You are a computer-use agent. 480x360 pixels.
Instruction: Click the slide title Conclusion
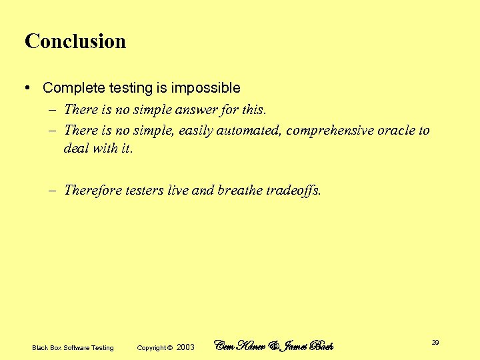pyautogui.click(x=75, y=41)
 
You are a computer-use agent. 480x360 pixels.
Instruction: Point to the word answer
pyautogui.click(x=193, y=109)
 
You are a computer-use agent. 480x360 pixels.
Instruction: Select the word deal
pyautogui.click(x=75, y=149)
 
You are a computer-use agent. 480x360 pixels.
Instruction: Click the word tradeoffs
pyautogui.click(x=294, y=191)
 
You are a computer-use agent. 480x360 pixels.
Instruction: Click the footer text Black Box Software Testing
pyautogui.click(x=73, y=347)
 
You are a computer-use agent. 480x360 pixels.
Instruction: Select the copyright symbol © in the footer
pyautogui.click(x=170, y=347)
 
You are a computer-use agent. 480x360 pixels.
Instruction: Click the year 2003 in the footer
pyautogui.click(x=186, y=347)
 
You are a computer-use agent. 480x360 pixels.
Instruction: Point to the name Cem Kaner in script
pyautogui.click(x=239, y=345)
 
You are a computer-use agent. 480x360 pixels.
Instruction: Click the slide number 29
pyautogui.click(x=435, y=342)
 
